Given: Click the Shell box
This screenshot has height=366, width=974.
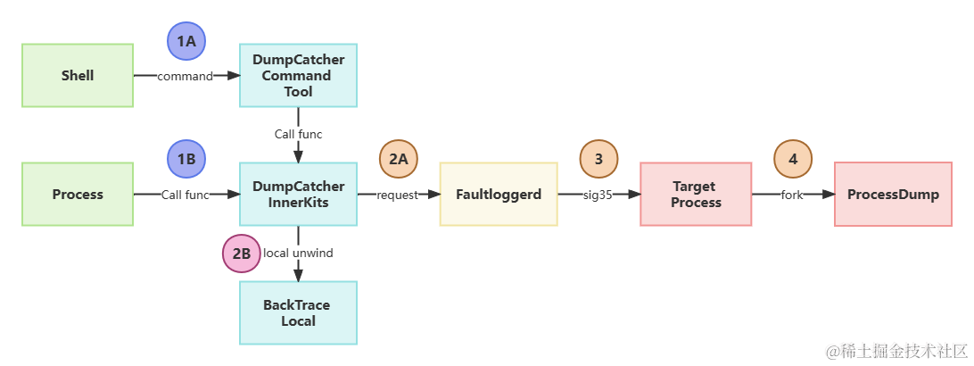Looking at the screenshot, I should (x=78, y=76).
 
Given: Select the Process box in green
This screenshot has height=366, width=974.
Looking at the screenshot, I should (x=78, y=194).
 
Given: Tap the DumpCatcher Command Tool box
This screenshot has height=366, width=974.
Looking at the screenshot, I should (x=298, y=76).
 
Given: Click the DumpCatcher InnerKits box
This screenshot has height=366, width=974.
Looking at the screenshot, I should (x=298, y=194).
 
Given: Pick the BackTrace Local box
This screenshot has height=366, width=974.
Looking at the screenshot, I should (x=298, y=312).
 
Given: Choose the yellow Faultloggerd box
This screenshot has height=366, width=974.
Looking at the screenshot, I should (x=499, y=194).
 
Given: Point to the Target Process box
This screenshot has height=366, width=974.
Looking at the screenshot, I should (x=696, y=194).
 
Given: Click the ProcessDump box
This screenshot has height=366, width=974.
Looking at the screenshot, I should (x=893, y=194).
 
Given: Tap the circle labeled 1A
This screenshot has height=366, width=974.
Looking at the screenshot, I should (x=186, y=41).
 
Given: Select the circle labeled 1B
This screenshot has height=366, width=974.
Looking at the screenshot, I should (x=186, y=159).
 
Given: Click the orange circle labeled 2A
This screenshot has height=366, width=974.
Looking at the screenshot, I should (x=399, y=159).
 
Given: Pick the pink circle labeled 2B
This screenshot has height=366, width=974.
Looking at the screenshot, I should (x=241, y=254).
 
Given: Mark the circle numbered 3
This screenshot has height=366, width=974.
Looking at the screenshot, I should (x=598, y=159).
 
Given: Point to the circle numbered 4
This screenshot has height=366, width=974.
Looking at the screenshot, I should (x=793, y=159).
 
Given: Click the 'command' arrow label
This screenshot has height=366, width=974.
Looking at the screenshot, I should (x=186, y=77).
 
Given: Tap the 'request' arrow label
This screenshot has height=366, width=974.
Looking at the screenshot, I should (x=398, y=195).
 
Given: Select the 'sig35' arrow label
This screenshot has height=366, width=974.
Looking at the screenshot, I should (x=598, y=195).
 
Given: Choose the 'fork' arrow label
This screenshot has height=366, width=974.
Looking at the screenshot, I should (x=792, y=195).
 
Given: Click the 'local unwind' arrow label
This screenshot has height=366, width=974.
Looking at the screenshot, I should (x=299, y=253).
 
